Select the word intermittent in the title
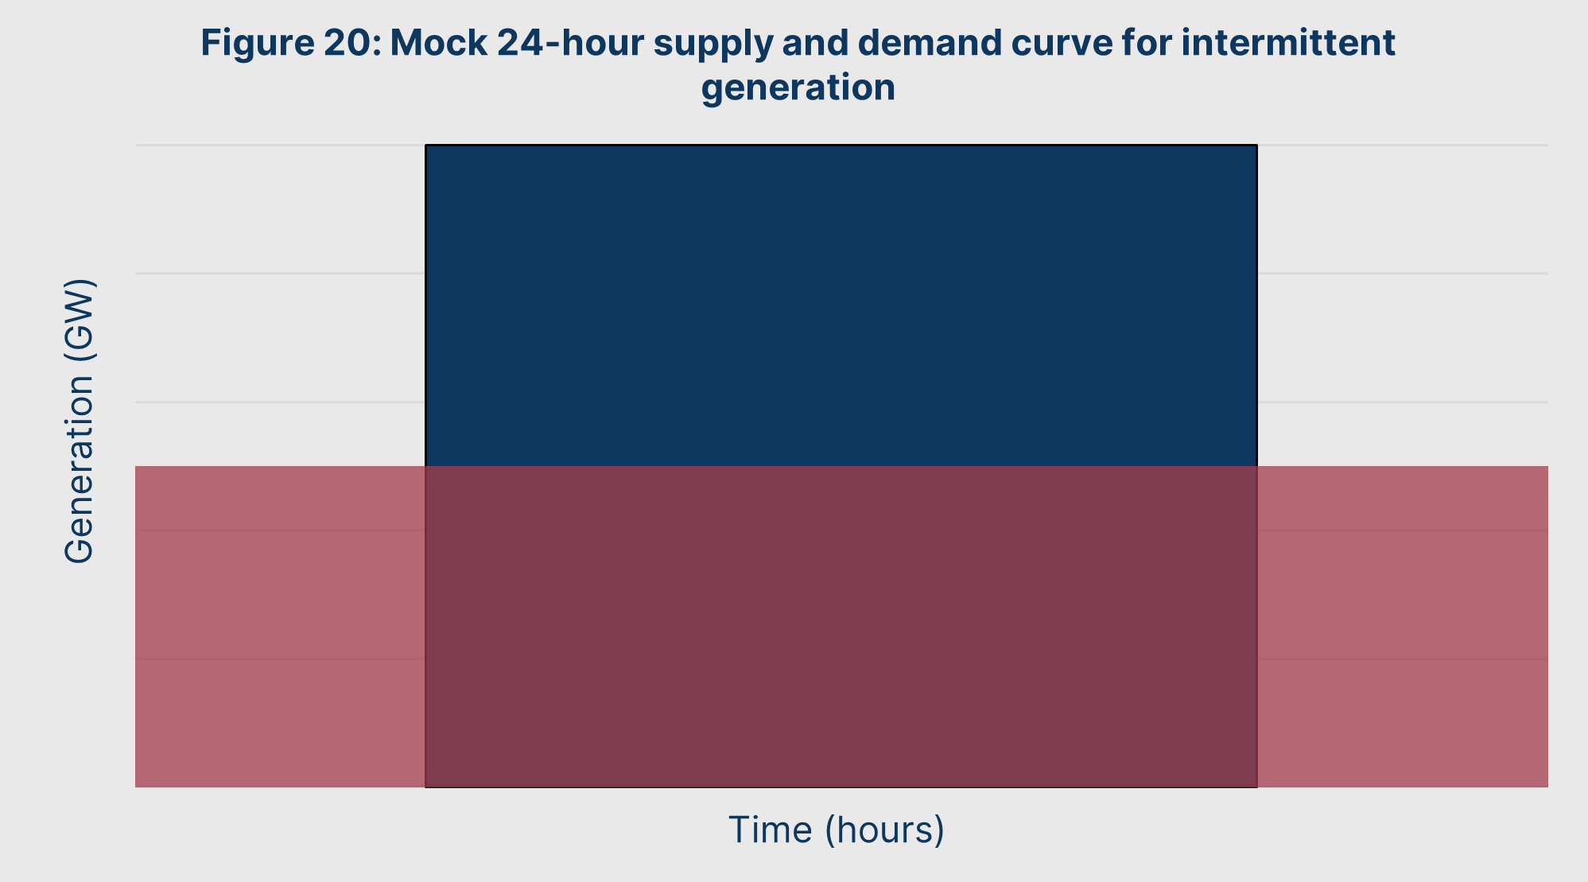(1287, 42)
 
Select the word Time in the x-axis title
(771, 830)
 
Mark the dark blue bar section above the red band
(841, 305)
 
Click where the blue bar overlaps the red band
(841, 627)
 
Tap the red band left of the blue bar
(280, 627)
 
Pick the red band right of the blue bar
(1403, 627)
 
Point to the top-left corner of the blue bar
(425, 145)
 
